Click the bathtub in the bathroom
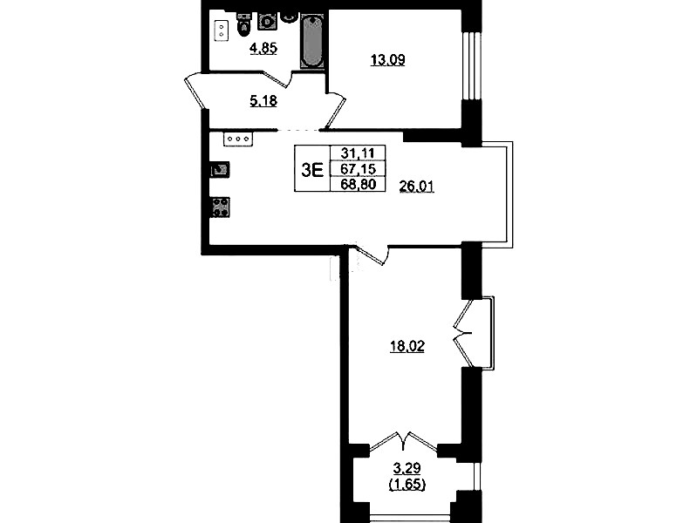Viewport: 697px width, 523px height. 312,41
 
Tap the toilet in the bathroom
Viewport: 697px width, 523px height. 243,25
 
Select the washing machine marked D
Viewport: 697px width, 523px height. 267,21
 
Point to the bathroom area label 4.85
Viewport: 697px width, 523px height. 263,48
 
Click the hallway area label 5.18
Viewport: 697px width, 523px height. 263,101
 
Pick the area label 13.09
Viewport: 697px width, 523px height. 388,60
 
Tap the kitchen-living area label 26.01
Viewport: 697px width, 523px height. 416,187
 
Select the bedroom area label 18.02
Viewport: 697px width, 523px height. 407,346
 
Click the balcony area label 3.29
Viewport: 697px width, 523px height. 407,468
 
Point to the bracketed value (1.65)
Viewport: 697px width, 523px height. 407,484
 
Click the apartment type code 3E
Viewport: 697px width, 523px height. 312,169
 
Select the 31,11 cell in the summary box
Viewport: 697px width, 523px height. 358,153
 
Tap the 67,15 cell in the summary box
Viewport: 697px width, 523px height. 358,169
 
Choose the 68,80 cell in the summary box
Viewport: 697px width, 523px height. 358,184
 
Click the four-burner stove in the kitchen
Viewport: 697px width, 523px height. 220,207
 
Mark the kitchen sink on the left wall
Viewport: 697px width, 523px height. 220,170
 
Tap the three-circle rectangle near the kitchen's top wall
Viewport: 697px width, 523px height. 238,139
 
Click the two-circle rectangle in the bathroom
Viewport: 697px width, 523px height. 221,31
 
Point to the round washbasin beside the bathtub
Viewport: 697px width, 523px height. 290,17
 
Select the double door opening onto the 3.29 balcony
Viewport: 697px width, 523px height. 404,441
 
